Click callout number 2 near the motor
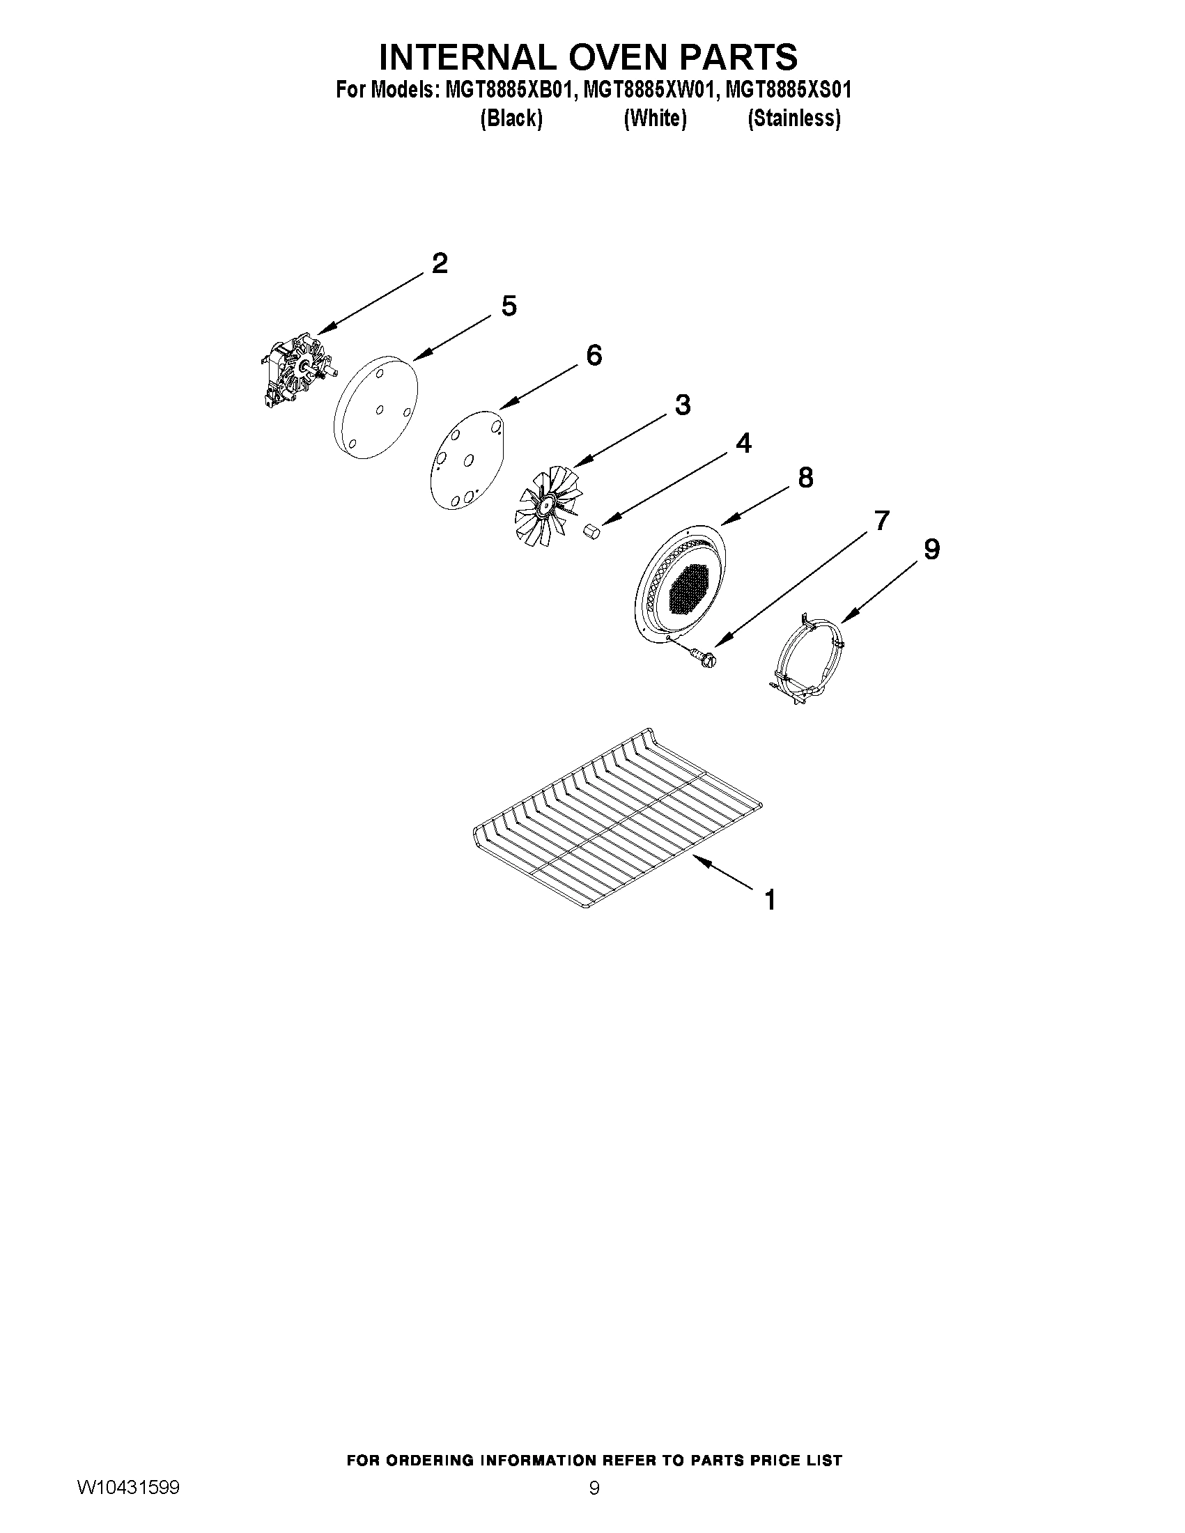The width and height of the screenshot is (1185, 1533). (x=440, y=263)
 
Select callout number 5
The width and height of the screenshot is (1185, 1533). (x=509, y=306)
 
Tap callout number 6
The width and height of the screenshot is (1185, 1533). (x=594, y=355)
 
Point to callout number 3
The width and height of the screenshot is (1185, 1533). (x=682, y=405)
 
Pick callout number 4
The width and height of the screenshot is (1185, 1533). (x=743, y=443)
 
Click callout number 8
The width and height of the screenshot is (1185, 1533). (x=805, y=478)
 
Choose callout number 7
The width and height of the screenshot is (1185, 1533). (x=881, y=521)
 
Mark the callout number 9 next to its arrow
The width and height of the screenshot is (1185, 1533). (x=931, y=549)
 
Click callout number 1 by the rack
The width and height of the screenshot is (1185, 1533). (x=770, y=900)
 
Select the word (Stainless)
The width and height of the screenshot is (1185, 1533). (x=793, y=118)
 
